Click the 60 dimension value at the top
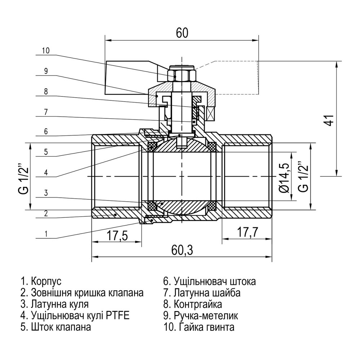182,32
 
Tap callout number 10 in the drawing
46,50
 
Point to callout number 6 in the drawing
46,131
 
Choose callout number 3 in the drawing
46,193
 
